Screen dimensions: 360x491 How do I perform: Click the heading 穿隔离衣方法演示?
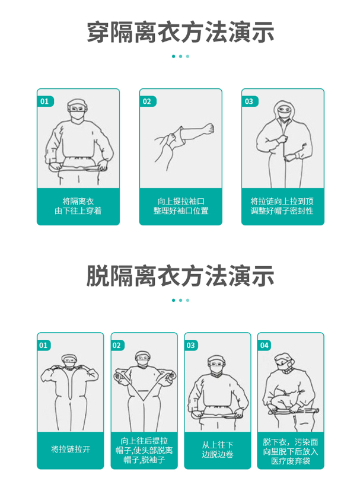[180, 32]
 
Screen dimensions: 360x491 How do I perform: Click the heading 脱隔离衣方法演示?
[180, 276]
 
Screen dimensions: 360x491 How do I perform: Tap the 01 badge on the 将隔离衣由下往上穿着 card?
[45, 101]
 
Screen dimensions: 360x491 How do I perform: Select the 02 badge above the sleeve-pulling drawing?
[147, 101]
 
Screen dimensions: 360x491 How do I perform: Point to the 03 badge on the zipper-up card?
[250, 101]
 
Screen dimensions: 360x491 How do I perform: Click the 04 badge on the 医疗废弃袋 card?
[265, 345]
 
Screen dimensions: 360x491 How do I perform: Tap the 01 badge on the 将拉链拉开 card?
[44, 345]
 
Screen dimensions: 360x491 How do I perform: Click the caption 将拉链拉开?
[71, 449]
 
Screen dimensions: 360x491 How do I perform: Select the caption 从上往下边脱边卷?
[218, 449]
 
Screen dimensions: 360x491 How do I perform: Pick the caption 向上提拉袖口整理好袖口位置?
[181, 206]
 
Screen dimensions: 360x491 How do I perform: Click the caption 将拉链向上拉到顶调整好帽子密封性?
[282, 206]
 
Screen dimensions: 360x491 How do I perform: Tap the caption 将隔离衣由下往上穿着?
[78, 206]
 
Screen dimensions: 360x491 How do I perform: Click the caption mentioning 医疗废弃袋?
[291, 451]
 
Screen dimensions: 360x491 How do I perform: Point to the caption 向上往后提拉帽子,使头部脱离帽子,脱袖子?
[144, 450]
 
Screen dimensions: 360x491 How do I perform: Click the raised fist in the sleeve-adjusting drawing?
[208, 128]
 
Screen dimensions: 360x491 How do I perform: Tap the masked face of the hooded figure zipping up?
[284, 111]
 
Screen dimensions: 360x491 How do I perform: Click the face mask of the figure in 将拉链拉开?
[69, 365]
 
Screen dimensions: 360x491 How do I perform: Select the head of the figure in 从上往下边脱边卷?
[218, 365]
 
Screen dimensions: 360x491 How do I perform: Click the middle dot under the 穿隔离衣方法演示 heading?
[180, 56]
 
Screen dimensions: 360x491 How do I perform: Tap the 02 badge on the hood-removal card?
[117, 345]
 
